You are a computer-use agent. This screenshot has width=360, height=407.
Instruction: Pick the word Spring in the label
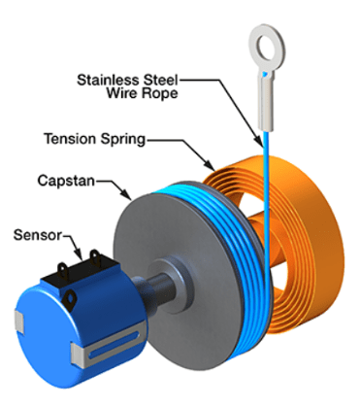(x=120, y=139)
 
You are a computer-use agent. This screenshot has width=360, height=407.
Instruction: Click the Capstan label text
(x=67, y=182)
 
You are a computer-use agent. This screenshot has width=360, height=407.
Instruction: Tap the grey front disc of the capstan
(x=165, y=253)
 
